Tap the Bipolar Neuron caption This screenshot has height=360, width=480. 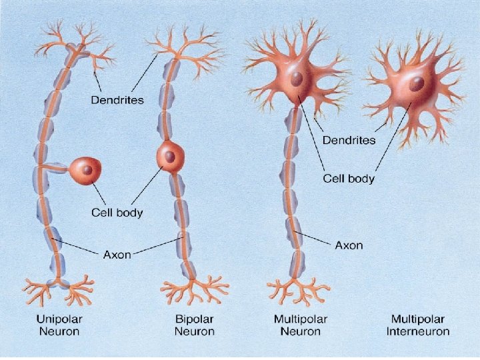(194, 325)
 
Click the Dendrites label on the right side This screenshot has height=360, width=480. (349, 140)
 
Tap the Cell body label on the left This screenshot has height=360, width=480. (117, 213)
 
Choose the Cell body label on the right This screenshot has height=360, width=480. (349, 179)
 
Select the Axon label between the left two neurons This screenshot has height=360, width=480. (117, 254)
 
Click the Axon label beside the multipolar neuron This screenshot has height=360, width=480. (349, 245)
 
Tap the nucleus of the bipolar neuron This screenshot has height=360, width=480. (171, 157)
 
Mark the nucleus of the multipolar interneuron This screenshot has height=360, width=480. (417, 84)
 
